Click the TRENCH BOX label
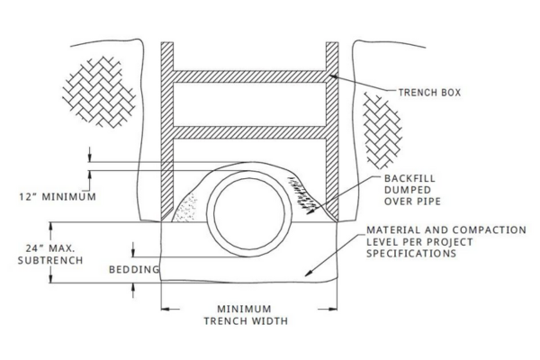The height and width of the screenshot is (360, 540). [429, 93]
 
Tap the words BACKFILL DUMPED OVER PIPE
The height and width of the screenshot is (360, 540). [412, 190]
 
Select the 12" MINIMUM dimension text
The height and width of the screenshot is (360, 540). [58, 197]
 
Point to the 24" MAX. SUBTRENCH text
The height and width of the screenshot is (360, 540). [50, 254]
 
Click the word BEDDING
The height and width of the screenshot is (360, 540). [134, 269]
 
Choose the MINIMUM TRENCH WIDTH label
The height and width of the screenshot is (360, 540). [246, 315]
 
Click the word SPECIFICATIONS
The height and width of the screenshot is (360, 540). [411, 253]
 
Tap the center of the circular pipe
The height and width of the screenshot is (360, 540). [249, 213]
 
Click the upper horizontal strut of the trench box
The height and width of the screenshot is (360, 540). [249, 76]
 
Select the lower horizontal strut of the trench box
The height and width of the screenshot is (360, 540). [249, 132]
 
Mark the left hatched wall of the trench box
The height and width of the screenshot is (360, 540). [167, 131]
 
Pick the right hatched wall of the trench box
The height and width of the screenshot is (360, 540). [332, 131]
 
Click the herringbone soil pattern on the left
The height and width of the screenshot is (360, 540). [99, 92]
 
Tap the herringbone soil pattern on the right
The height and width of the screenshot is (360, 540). [382, 130]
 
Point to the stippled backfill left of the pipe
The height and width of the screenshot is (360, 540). [185, 207]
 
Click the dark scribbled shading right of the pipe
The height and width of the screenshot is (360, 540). [302, 195]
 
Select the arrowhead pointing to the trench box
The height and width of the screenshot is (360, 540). [333, 76]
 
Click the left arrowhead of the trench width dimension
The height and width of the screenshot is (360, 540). [166, 309]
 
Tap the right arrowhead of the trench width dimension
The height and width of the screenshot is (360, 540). [333, 309]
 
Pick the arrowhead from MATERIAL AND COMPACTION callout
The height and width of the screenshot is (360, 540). [309, 273]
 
